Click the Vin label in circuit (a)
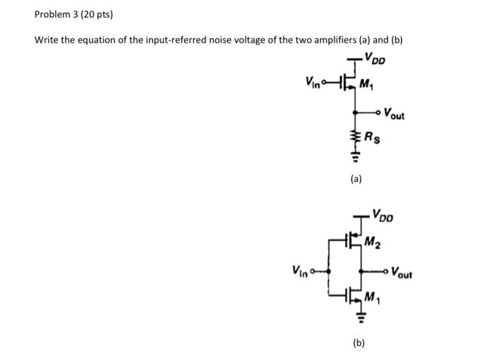(x=315, y=83)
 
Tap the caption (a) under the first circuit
(x=356, y=180)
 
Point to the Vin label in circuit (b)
(x=300, y=270)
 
